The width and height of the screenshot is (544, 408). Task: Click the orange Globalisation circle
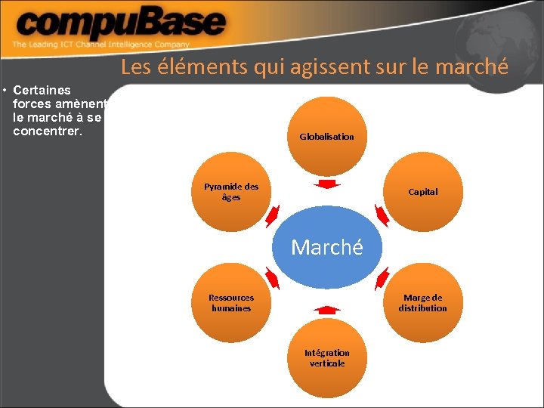[326, 133]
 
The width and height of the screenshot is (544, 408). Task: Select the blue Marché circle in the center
[326, 248]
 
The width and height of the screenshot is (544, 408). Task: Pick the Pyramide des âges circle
[230, 192]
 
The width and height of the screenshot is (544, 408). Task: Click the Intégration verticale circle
[326, 357]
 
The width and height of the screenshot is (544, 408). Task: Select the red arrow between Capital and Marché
[382, 215]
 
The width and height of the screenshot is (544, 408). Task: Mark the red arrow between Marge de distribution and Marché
[382, 280]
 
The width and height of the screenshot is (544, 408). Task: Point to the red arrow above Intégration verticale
[326, 309]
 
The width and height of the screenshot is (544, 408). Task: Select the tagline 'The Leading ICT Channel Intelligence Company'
[100, 45]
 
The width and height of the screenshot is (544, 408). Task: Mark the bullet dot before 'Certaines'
[5, 91]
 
